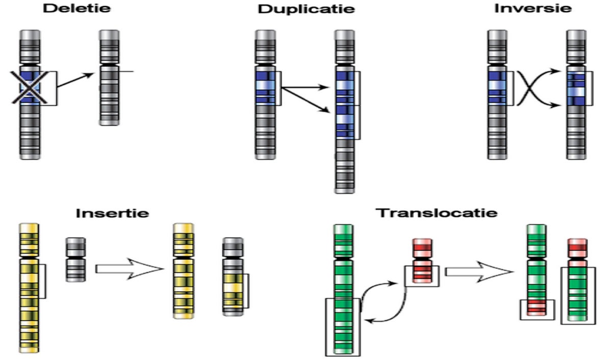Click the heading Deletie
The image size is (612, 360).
(77, 8)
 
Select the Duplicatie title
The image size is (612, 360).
(307, 9)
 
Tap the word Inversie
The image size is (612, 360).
(533, 8)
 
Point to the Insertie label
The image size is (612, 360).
(112, 213)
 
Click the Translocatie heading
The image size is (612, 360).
(437, 213)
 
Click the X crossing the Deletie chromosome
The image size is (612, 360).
(30, 87)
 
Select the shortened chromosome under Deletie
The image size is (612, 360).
(109, 78)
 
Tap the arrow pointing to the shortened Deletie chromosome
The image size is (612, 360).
(75, 80)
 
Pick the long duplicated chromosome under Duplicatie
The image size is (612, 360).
(345, 112)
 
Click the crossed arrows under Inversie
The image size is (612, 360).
(538, 88)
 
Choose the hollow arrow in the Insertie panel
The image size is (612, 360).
(130, 269)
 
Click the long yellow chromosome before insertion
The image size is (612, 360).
(29, 288)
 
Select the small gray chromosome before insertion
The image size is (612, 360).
(75, 260)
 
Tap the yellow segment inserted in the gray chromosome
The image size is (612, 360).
(233, 291)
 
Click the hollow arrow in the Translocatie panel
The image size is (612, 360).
(479, 272)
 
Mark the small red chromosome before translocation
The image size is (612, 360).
(422, 261)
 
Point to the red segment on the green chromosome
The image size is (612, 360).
(537, 308)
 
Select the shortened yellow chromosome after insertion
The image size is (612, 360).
(183, 271)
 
